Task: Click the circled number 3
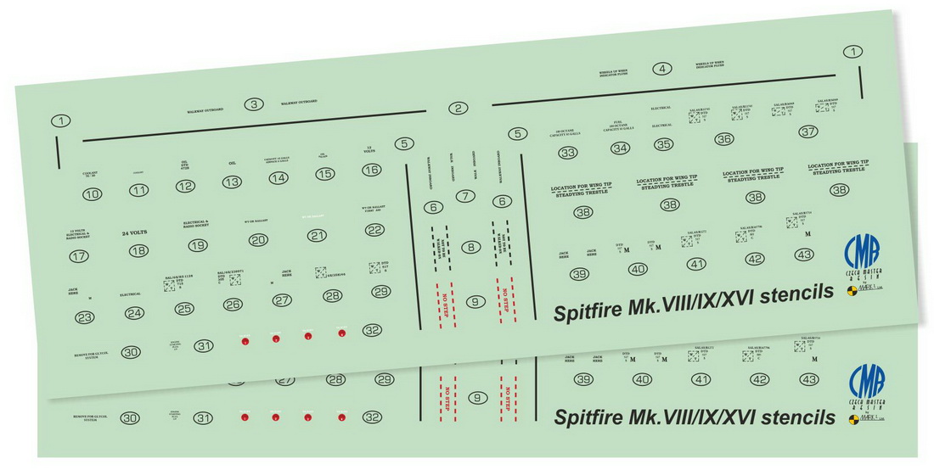coord(253,104)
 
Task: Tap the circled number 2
coord(459,108)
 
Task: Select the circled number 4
coord(662,69)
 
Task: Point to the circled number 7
coord(464,197)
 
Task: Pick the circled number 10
coord(92,194)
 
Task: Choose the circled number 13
coord(232,182)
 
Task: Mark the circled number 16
coord(371,170)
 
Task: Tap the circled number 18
coord(138,250)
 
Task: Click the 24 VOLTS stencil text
coord(135,232)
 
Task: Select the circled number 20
coord(258,240)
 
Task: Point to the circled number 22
coord(374,230)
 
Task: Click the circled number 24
coord(134,313)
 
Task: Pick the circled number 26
coord(233,304)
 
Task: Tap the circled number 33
coord(567,153)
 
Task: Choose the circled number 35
coord(664,144)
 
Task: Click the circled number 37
coord(808,131)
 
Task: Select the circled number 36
coord(723,138)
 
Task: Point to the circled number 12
coord(185,186)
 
